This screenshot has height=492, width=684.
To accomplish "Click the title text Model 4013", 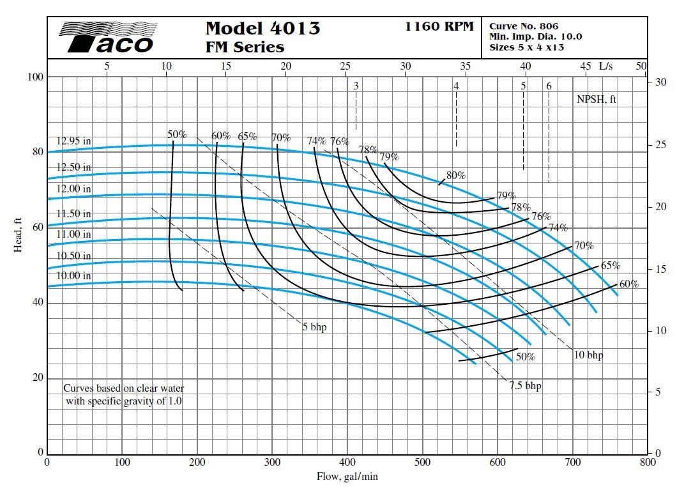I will coord(262,29).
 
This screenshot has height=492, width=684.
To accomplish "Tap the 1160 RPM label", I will coord(439,26).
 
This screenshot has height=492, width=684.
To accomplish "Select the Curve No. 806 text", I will coord(524,26).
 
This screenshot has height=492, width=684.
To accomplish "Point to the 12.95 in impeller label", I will coord(73,141).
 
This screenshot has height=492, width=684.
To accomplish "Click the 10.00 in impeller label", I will coord(73,276).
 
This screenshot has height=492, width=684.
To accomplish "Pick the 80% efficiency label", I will coord(456,175).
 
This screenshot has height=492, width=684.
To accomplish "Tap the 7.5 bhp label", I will coord(525,386).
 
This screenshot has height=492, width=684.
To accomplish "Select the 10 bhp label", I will coord(588,355).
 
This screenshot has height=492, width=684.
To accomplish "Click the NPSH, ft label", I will coord(597,99).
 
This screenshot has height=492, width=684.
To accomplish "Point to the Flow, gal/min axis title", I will coord(347,476).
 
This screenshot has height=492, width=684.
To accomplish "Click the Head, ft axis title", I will coord(19,234).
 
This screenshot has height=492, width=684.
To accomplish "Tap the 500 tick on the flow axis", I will coord(423,462).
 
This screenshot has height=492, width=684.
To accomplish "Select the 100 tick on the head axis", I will coord(34,77).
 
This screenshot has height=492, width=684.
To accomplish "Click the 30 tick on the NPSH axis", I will coord(660,82).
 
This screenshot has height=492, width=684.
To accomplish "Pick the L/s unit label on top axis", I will coord(605,66).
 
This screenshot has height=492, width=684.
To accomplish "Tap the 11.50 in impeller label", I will coord(73,213).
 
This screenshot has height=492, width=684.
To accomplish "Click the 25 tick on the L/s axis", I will coord(346,66).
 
